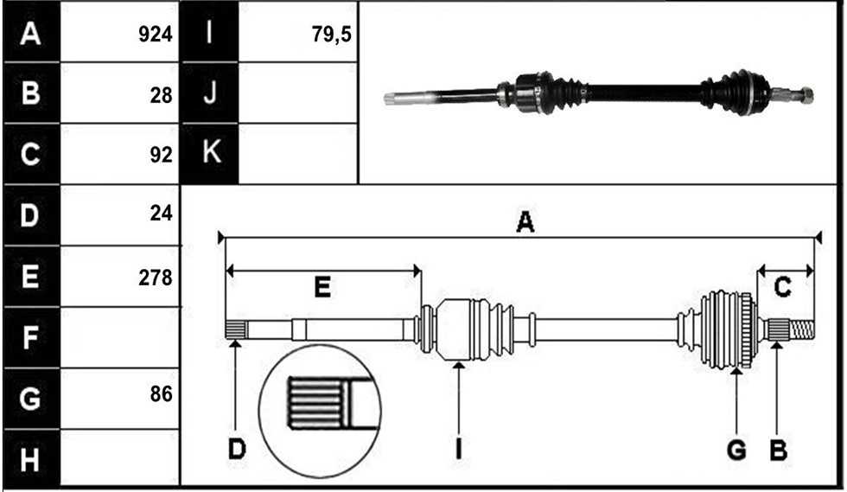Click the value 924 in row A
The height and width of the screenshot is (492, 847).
pos(155,35)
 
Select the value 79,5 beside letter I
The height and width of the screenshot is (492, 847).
pos(331,35)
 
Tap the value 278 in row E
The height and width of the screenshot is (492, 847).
pos(155,278)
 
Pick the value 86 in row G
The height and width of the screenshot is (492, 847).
pos(161,394)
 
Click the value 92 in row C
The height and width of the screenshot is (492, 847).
pos(161,155)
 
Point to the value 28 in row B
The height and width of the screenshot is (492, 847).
pos(161,95)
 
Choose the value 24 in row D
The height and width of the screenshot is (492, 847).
pos(161,214)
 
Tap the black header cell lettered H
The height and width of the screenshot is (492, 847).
pos(31,459)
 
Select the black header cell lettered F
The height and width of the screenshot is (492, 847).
pos(31,337)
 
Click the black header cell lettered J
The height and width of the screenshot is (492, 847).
pos(209,93)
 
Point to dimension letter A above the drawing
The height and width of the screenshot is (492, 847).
pos(525,222)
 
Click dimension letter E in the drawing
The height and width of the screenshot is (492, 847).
pos(322,287)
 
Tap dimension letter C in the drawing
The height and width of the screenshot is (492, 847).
pos(782,287)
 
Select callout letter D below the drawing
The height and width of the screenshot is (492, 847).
pos(237,450)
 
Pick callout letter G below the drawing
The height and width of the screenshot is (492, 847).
pos(736,450)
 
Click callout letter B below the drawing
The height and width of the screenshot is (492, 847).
pos(778,450)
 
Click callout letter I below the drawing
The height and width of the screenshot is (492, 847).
pos(459,450)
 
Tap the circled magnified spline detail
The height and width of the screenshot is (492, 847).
pos(320,412)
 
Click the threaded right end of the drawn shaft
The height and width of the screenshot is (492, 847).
pos(802,329)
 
